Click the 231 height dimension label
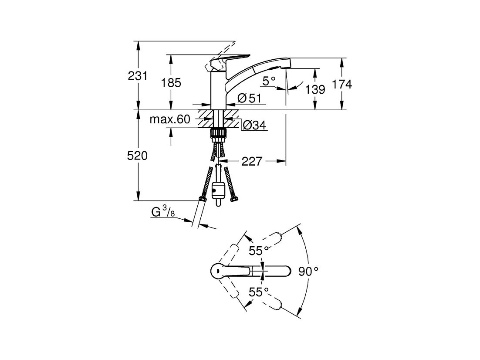(138, 76)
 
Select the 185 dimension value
(171, 82)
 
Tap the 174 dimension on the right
(342, 84)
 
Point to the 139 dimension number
(315, 89)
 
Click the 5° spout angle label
(269, 81)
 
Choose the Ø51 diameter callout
(250, 98)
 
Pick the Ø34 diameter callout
(254, 125)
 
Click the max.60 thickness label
(170, 119)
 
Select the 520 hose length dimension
(138, 156)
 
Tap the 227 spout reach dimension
(252, 161)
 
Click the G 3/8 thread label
(163, 211)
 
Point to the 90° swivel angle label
(308, 271)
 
